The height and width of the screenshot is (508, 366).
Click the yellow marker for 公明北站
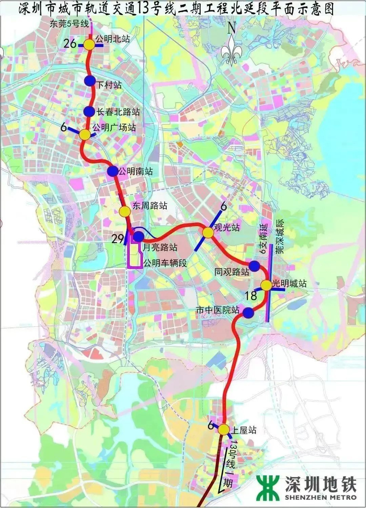tap(90, 45)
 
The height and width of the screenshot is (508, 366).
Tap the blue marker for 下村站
tap(90, 81)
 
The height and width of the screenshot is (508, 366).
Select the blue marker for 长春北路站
tap(89, 111)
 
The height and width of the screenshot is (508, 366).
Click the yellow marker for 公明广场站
tap(85, 135)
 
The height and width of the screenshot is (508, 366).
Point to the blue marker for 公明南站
tap(112, 171)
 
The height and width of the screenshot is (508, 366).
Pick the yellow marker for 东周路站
tap(124, 211)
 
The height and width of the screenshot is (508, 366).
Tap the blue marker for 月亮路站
tap(139, 236)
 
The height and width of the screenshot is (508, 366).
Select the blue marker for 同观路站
tap(254, 266)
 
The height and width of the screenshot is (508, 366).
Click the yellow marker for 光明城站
tap(266, 285)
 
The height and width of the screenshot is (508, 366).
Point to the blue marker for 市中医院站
tap(248, 313)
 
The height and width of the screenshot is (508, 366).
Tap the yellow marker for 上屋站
tap(224, 430)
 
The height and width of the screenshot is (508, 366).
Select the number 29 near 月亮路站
tap(118, 239)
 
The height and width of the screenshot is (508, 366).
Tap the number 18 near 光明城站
tap(250, 296)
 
